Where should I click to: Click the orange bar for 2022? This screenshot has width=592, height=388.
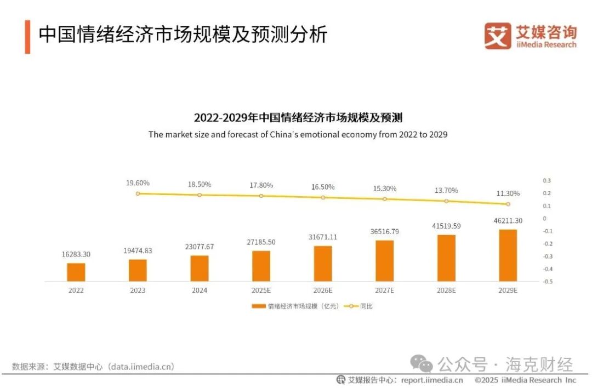pyautogui.click(x=76, y=272)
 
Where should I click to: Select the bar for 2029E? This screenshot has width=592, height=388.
pyautogui.click(x=508, y=255)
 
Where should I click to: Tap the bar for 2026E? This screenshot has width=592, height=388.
pyautogui.click(x=323, y=264)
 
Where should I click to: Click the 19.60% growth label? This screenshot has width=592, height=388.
pyautogui.click(x=138, y=183)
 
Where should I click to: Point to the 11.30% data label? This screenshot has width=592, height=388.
pyautogui.click(x=508, y=193)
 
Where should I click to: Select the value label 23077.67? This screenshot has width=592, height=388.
pyautogui.click(x=200, y=247)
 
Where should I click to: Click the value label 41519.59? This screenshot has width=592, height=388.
pyautogui.click(x=446, y=226)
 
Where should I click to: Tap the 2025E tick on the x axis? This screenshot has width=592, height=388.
pyautogui.click(x=261, y=290)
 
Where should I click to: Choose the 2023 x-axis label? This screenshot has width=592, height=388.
pyautogui.click(x=138, y=290)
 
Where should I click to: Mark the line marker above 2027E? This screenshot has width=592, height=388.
pyautogui.click(x=384, y=199)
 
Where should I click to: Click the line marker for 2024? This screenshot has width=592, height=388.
pyautogui.click(x=200, y=195)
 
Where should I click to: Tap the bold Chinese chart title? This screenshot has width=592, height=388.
pyautogui.click(x=298, y=118)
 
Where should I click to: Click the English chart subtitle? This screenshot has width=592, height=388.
pyautogui.click(x=298, y=134)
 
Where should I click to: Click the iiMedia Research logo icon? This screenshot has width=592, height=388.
pyautogui.click(x=497, y=36)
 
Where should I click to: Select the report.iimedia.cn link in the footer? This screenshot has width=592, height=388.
pyautogui.click(x=432, y=380)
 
